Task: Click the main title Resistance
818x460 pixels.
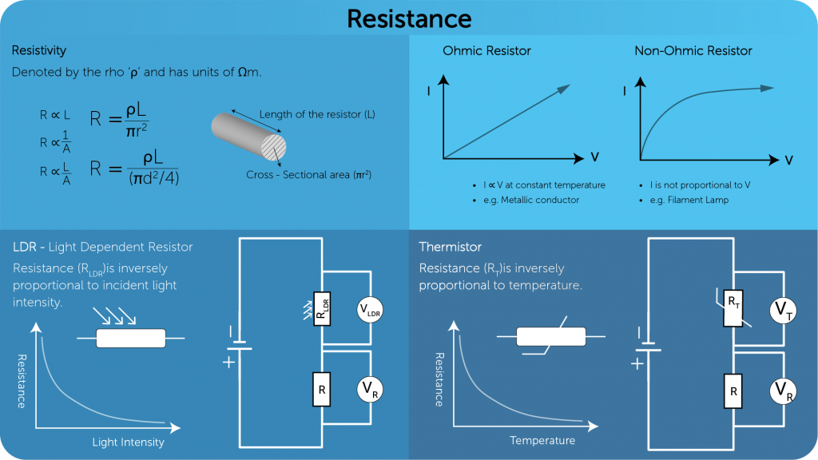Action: coord(409,18)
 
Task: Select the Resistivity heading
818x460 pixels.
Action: coord(39,50)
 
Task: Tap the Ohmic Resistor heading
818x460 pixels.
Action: coord(486,50)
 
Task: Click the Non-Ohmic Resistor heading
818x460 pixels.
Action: coord(693,50)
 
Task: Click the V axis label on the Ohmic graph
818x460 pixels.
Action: coord(594,156)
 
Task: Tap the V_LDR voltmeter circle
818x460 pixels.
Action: coord(371,311)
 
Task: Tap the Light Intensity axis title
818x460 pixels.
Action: coord(128,442)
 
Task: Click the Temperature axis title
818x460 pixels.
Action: coord(542,440)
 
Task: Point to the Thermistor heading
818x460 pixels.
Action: coord(451,247)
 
